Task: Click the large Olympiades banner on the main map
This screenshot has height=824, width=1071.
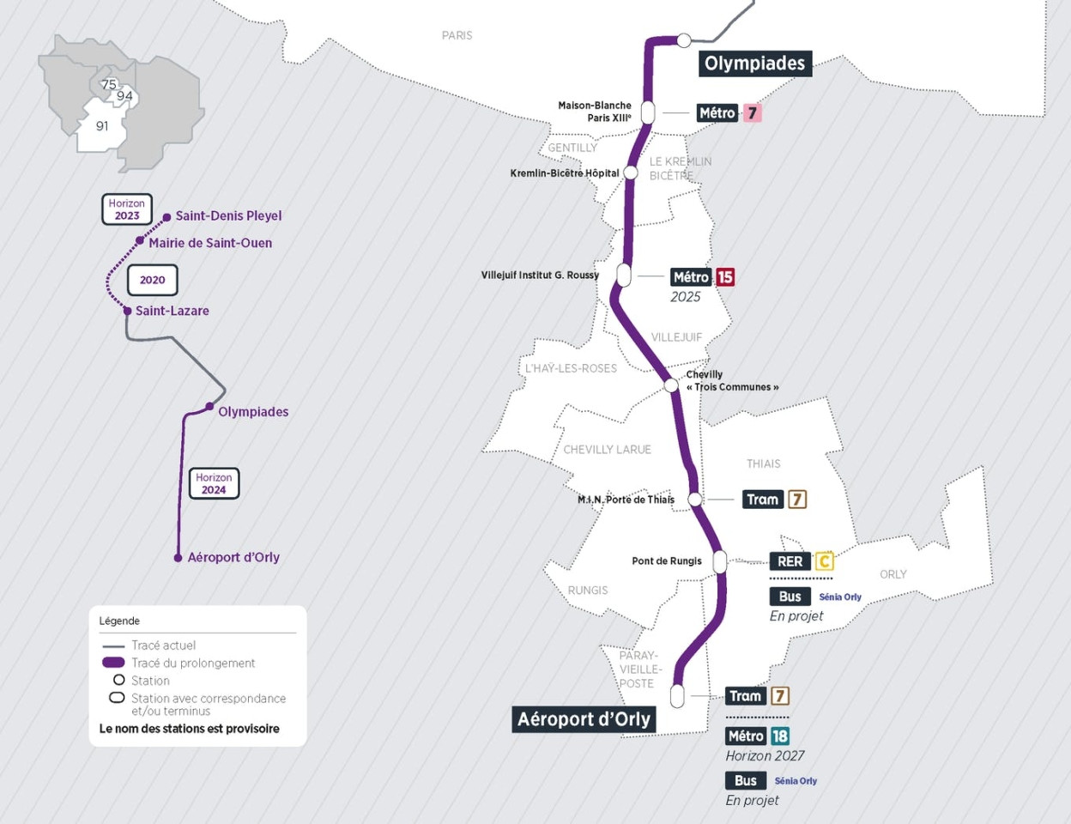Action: point(754,64)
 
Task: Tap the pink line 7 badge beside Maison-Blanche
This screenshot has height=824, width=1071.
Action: point(752,113)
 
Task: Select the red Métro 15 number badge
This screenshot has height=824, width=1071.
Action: point(725,277)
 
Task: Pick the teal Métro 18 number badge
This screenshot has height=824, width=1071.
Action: point(779,736)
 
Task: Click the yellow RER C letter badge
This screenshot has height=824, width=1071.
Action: point(824,561)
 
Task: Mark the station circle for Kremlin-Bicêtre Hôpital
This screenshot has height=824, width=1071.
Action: point(631,173)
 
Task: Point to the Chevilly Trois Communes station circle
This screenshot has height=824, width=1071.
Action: point(671,385)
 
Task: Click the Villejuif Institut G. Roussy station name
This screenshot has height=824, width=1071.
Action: point(540,276)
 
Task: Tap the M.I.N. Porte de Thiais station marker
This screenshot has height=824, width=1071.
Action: point(695,500)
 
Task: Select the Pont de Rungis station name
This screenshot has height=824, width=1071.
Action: point(666,561)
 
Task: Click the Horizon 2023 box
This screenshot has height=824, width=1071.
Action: point(127,209)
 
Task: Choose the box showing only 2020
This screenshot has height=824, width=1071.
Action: point(153,280)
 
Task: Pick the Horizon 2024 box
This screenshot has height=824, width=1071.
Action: point(214,483)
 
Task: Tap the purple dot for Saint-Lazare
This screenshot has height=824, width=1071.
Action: point(127,311)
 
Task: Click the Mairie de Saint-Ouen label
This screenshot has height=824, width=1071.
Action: point(210,243)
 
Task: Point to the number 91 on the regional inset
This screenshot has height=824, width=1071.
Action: point(102,126)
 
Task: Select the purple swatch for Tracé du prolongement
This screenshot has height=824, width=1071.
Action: point(113,663)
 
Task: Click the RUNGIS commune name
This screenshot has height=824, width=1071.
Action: point(587,591)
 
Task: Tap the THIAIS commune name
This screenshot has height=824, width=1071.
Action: point(763,463)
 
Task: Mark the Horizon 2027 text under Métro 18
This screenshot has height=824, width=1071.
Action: point(765,756)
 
